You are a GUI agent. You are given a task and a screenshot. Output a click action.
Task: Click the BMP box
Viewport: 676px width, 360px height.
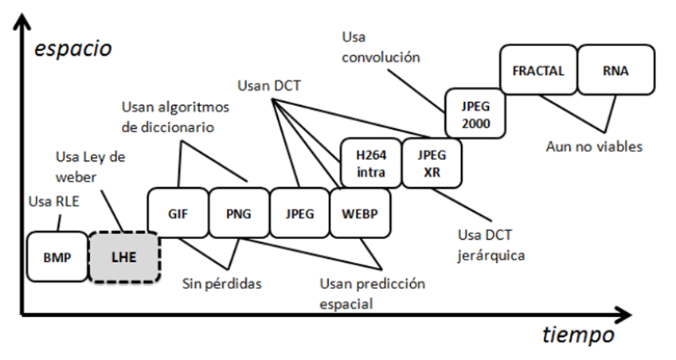[x=56, y=257]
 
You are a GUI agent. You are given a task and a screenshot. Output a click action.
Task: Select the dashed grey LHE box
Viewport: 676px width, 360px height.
[x=123, y=257]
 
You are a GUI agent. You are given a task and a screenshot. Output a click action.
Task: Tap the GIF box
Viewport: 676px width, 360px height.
[x=178, y=213]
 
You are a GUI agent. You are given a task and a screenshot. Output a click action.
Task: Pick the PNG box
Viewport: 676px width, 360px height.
[x=238, y=213]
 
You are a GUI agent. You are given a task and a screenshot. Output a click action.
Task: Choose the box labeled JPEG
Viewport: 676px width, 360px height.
[x=299, y=213]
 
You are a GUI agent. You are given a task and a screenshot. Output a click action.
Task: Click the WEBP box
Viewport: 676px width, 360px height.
[x=360, y=213]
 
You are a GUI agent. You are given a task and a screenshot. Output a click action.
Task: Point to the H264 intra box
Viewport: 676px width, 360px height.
[x=369, y=163]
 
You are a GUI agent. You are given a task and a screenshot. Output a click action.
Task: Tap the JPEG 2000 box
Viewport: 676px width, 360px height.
[x=474, y=114]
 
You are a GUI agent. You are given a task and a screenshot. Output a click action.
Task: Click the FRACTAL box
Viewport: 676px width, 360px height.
[x=537, y=70]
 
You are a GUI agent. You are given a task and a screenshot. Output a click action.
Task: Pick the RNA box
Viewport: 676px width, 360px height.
[x=615, y=70]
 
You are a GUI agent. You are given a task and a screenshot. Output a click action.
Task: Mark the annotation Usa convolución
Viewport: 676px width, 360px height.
[x=380, y=47]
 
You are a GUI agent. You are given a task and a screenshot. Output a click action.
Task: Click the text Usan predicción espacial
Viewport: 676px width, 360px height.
[x=372, y=293]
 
